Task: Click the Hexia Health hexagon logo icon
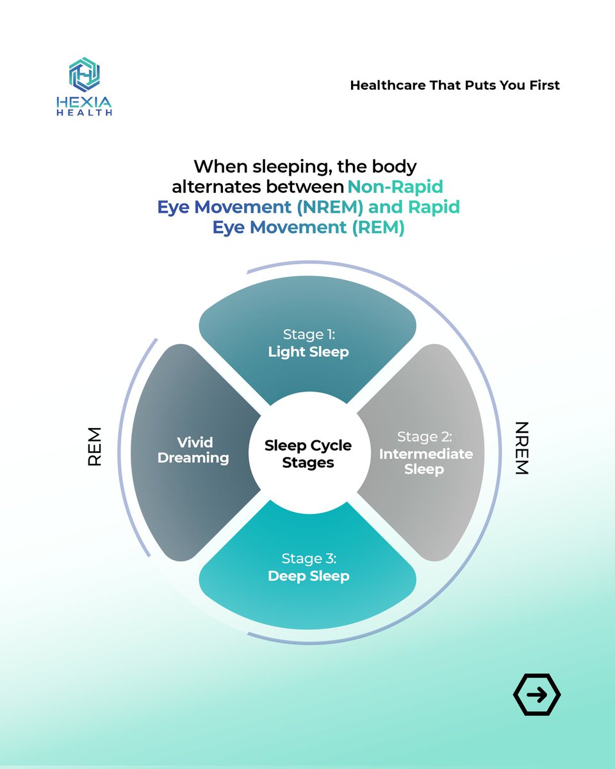tap(85, 74)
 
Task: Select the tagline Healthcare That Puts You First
tap(455, 85)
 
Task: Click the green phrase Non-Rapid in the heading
tap(395, 187)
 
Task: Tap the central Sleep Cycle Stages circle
tap(308, 453)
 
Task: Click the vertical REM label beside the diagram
tap(95, 446)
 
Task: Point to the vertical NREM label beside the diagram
tap(521, 448)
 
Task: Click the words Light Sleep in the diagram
tap(308, 352)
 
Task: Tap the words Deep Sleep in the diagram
tap(308, 575)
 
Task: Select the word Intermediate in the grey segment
tap(426, 454)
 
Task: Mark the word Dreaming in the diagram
tap(193, 458)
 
